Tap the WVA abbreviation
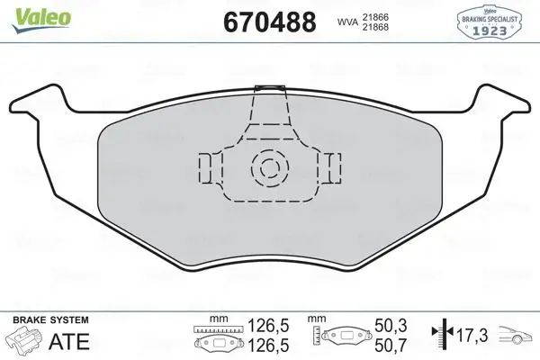346,22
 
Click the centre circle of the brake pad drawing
269,166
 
